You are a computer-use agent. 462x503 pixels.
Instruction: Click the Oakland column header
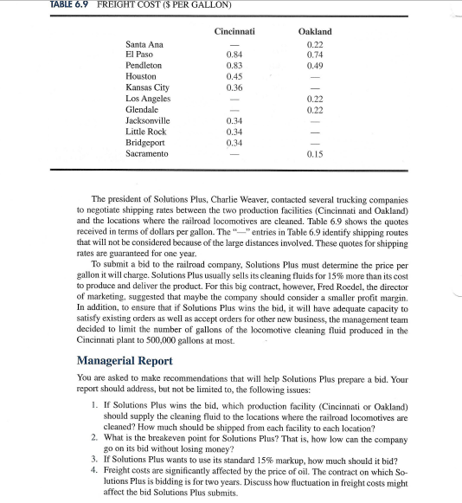(x=314, y=31)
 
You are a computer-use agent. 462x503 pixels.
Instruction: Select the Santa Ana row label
(x=144, y=44)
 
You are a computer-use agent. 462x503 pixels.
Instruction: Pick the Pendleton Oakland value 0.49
(x=314, y=66)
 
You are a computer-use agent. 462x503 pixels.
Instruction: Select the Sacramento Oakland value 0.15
(x=314, y=154)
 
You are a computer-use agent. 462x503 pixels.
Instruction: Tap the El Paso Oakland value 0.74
(x=314, y=55)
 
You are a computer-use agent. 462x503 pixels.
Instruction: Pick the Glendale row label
(x=143, y=110)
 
